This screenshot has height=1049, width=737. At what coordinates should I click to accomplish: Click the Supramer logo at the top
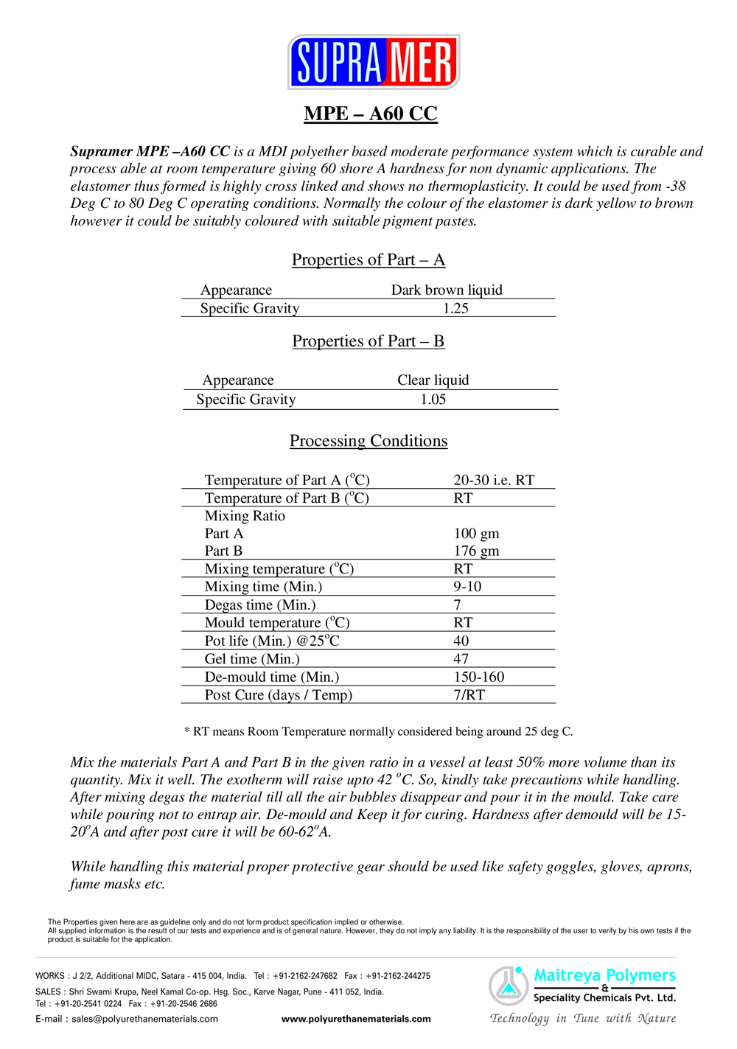pyautogui.click(x=374, y=62)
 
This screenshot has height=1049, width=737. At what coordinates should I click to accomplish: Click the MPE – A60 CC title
pyautogui.click(x=371, y=114)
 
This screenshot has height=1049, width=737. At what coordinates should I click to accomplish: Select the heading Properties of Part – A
pyautogui.click(x=368, y=259)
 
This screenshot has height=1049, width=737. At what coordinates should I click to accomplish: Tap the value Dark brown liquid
pyautogui.click(x=447, y=290)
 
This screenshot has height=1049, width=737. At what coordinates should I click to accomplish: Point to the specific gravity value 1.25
pyautogui.click(x=455, y=308)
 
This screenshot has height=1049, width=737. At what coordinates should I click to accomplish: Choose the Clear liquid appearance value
pyautogui.click(x=433, y=380)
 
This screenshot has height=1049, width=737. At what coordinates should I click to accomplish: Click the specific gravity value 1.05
pyautogui.click(x=433, y=399)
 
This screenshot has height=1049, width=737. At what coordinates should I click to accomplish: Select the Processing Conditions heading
pyautogui.click(x=368, y=441)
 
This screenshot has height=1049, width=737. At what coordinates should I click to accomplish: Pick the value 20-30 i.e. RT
pyautogui.click(x=494, y=480)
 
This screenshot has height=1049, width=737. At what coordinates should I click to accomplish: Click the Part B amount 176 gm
pyautogui.click(x=476, y=551)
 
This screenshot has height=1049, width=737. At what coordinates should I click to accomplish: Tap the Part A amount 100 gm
pyautogui.click(x=476, y=533)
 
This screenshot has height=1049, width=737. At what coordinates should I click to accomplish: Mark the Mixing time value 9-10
pyautogui.click(x=467, y=586)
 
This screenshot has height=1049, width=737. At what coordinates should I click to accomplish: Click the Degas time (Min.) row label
pyautogui.click(x=260, y=604)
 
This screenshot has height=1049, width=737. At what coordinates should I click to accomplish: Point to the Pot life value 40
pyautogui.click(x=461, y=641)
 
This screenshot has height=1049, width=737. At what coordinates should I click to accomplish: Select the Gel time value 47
pyautogui.click(x=461, y=658)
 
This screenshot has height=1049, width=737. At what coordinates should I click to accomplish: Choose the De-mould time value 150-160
pyautogui.click(x=479, y=677)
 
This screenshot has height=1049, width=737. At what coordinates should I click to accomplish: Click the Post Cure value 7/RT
pyautogui.click(x=469, y=694)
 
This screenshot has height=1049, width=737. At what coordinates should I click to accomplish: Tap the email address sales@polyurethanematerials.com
pyautogui.click(x=144, y=1019)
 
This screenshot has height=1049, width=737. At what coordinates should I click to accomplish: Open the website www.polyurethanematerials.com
pyautogui.click(x=356, y=1019)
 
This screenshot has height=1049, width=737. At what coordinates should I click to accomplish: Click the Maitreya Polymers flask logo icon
pyautogui.click(x=509, y=986)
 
